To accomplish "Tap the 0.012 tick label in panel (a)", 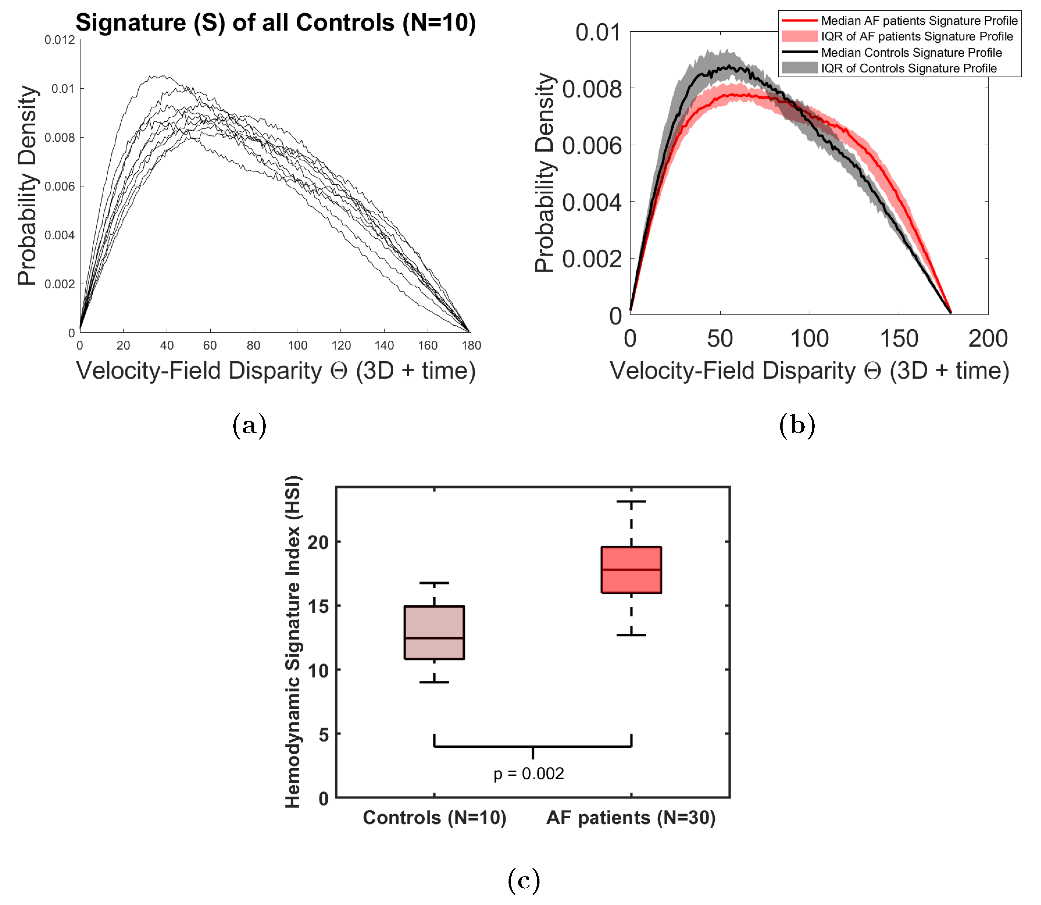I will point(59,40).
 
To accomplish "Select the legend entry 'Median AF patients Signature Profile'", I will point(919,21).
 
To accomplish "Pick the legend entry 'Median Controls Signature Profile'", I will point(911,53).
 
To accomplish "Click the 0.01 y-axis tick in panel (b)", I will point(598,33).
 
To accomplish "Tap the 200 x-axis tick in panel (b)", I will point(987,339).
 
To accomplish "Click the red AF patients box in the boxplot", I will point(631,570).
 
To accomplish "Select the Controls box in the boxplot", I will point(434,632).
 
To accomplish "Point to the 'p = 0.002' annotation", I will point(529,774).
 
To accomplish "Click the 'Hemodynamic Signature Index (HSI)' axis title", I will point(293,641).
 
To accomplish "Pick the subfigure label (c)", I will point(524,880).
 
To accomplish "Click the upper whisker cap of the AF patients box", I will point(631,501).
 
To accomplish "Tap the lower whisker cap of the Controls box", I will point(434,682).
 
